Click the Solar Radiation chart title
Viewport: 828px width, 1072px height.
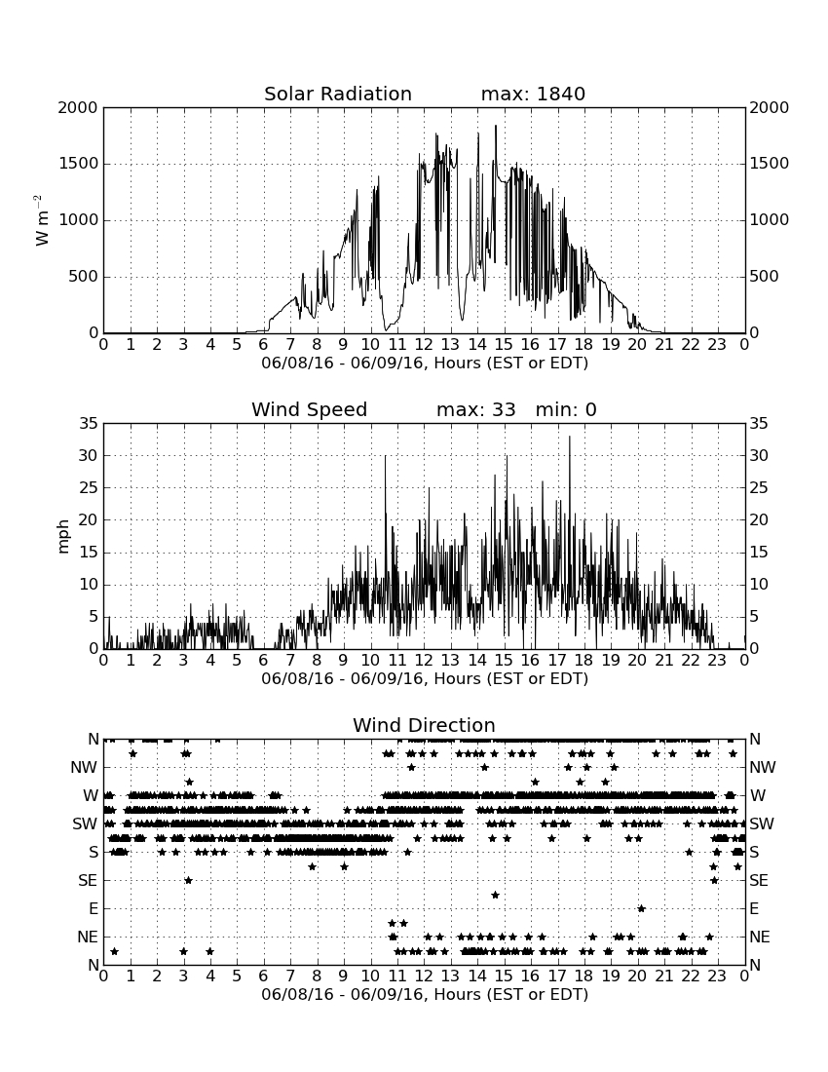click(337, 94)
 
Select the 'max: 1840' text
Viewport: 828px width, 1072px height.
click(533, 94)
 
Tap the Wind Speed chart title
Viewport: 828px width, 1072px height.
click(310, 409)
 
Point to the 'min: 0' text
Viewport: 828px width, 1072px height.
click(566, 409)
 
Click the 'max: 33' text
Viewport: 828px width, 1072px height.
click(475, 409)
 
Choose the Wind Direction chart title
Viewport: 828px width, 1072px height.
click(424, 725)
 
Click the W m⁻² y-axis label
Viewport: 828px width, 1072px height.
click(42, 220)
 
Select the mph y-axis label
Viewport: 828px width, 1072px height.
click(63, 536)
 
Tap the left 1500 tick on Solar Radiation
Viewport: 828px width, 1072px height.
click(79, 164)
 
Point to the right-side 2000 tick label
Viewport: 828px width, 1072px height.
click(770, 107)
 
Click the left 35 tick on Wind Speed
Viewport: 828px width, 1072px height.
click(90, 424)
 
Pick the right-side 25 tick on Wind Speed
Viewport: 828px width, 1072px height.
click(759, 488)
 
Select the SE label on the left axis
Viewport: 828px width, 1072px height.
click(88, 881)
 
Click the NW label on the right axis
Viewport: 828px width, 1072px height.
click(763, 767)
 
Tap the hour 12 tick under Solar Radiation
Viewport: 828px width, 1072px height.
click(425, 345)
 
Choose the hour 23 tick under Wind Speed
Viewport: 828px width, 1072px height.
click(717, 661)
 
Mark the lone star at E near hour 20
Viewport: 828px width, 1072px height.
click(641, 908)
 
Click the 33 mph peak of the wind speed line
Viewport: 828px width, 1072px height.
click(569, 437)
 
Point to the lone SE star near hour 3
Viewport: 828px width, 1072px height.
click(189, 880)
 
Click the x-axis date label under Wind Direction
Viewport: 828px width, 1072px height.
click(425, 994)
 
